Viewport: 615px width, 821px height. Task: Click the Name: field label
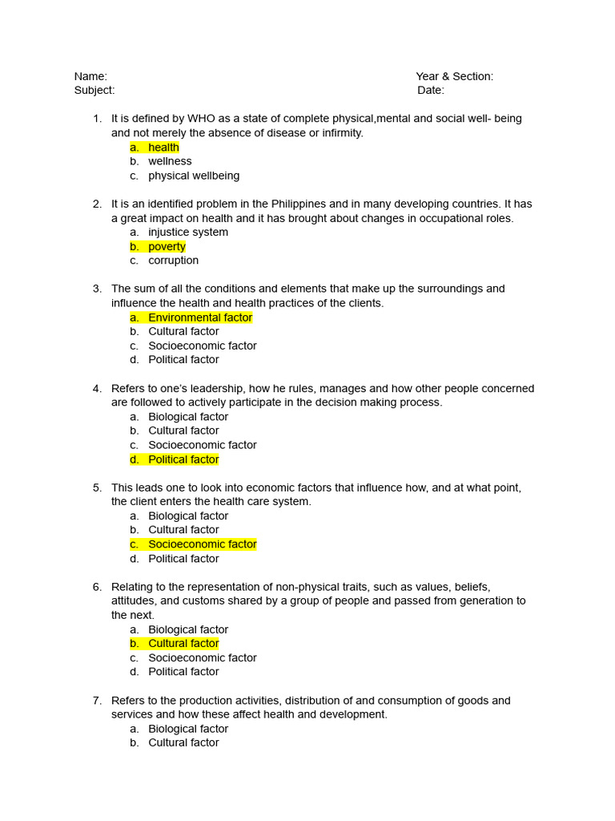pyautogui.click(x=90, y=76)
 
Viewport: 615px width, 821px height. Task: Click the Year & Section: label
pyautogui.click(x=454, y=76)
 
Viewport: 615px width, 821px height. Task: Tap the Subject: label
pyautogui.click(x=94, y=91)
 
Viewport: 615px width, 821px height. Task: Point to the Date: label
pyautogui.click(x=431, y=91)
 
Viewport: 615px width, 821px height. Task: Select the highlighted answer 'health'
pyautogui.click(x=163, y=148)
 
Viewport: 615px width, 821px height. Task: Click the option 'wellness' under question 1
pyautogui.click(x=170, y=161)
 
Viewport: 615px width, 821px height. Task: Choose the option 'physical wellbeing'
pyautogui.click(x=194, y=176)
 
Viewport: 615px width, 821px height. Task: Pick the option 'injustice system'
pyautogui.click(x=188, y=233)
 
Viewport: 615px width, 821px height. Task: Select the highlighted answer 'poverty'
pyautogui.click(x=167, y=247)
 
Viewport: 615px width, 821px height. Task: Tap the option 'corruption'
pyautogui.click(x=173, y=261)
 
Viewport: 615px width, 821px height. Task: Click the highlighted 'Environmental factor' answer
pyautogui.click(x=200, y=317)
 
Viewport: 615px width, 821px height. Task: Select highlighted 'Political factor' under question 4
pyautogui.click(x=183, y=459)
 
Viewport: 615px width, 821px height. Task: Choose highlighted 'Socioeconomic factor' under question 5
pyautogui.click(x=203, y=544)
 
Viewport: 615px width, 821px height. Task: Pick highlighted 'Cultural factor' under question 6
pyautogui.click(x=183, y=644)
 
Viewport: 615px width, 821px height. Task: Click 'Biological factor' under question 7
pyautogui.click(x=188, y=729)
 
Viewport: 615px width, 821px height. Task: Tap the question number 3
pyautogui.click(x=97, y=289)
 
